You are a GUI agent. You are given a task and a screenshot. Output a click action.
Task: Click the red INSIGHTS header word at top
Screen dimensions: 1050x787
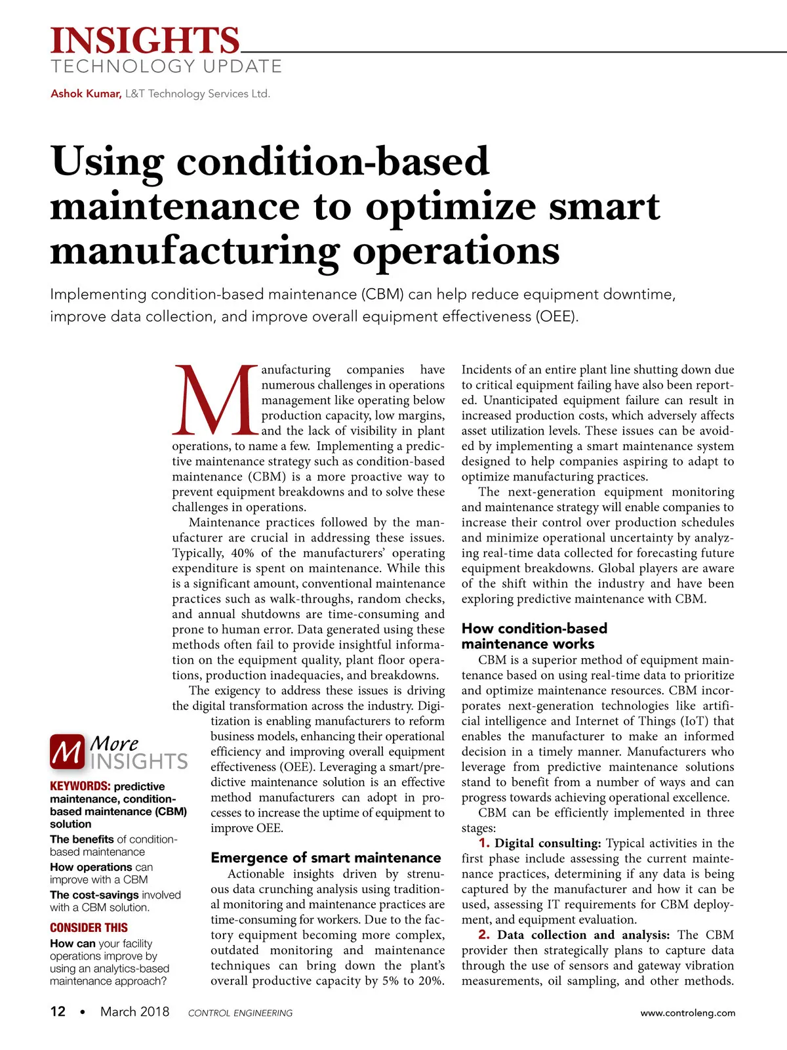pos(145,41)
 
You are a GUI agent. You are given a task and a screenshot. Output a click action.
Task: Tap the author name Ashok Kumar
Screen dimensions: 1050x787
pos(85,94)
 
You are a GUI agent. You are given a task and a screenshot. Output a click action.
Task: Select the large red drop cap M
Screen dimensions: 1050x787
pos(214,400)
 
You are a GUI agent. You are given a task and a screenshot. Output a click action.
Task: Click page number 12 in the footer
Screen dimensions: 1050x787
pos(58,1011)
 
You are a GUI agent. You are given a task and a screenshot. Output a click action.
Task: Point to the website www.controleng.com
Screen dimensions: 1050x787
pos(687,1013)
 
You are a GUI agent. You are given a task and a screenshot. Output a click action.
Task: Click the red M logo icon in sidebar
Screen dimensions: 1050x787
pos(67,751)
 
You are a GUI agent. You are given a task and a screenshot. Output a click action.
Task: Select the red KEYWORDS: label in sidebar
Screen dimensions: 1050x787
pos(80,786)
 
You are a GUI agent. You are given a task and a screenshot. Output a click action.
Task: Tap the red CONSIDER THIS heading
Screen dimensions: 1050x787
pos(89,927)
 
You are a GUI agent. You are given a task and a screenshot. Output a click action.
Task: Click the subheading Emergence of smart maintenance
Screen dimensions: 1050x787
pos(325,858)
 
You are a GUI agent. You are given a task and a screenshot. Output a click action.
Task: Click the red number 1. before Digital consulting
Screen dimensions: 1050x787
pos(484,843)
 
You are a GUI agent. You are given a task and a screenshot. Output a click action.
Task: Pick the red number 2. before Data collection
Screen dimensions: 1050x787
pos(484,935)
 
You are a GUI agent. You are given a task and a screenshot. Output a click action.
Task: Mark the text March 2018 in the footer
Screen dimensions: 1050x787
pos(134,1012)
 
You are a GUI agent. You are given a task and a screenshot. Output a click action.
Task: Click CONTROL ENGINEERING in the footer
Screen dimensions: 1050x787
pos(240,1013)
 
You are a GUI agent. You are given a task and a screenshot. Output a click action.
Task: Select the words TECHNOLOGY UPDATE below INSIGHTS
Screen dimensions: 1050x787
pos(166,66)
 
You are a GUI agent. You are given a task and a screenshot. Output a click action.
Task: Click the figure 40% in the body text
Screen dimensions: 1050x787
pos(242,553)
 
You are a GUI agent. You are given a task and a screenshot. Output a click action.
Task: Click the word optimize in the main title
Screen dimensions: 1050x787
pos(451,207)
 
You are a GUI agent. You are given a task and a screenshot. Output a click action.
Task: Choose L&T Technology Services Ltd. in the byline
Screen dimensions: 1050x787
pos(197,94)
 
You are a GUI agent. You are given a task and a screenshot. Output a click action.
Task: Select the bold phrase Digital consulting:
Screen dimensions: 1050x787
pos(548,843)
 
